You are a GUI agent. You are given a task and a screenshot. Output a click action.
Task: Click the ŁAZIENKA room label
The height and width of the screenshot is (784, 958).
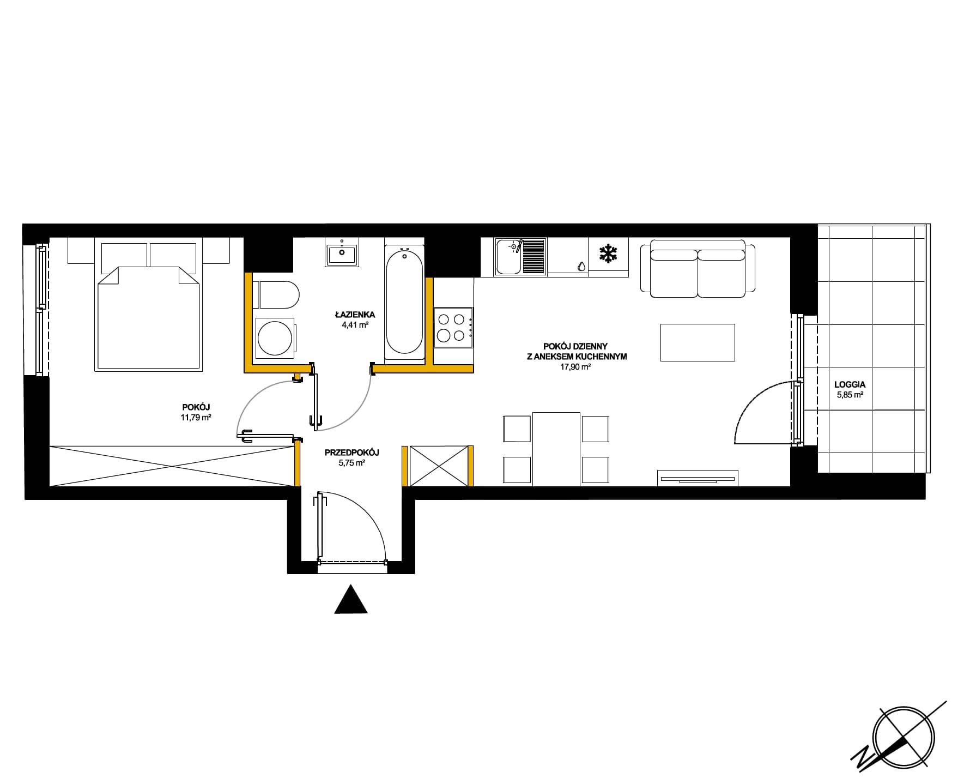point(354,315)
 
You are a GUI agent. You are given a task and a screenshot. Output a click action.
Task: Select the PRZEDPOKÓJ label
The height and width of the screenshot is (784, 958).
point(351,453)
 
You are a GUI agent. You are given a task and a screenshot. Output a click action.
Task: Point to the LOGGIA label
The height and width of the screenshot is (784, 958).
point(850,384)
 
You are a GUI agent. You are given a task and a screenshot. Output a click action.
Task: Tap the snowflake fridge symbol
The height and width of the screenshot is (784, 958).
point(608,254)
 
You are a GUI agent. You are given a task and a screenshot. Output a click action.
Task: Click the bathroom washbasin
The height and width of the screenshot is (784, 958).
point(342,252)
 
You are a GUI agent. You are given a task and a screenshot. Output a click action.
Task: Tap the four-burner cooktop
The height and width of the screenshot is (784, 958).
point(453,327)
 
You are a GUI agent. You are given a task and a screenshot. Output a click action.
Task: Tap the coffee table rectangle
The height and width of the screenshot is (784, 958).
point(698,342)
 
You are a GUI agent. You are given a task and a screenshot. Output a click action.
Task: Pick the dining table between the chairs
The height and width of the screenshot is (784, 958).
point(556,449)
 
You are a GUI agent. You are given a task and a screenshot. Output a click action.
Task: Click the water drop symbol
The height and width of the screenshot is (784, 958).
point(582,266)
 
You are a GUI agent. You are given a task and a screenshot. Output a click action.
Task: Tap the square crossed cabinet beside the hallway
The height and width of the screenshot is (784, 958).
point(439,466)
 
